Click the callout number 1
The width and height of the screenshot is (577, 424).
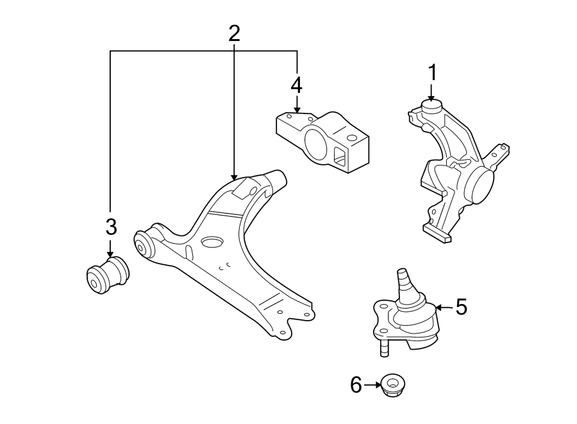pos(432,72)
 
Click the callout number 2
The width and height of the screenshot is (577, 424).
pos(234,33)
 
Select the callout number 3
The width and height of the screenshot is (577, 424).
pos(111,226)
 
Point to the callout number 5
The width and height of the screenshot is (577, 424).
pos(461,307)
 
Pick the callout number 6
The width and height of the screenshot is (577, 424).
pos(356,385)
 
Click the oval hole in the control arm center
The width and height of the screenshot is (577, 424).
pos(211,242)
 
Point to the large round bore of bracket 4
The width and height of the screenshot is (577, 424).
pos(315,146)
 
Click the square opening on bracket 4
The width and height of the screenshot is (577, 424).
pos(339,154)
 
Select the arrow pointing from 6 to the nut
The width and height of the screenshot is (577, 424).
pos(372,385)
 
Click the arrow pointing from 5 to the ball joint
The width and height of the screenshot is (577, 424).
pos(444,308)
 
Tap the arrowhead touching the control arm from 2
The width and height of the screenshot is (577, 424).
pos(234,174)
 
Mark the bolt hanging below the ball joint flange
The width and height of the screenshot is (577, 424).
pos(383,346)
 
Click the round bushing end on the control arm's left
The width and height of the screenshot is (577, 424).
pos(143,244)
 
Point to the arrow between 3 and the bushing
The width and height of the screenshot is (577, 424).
pos(111,247)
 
